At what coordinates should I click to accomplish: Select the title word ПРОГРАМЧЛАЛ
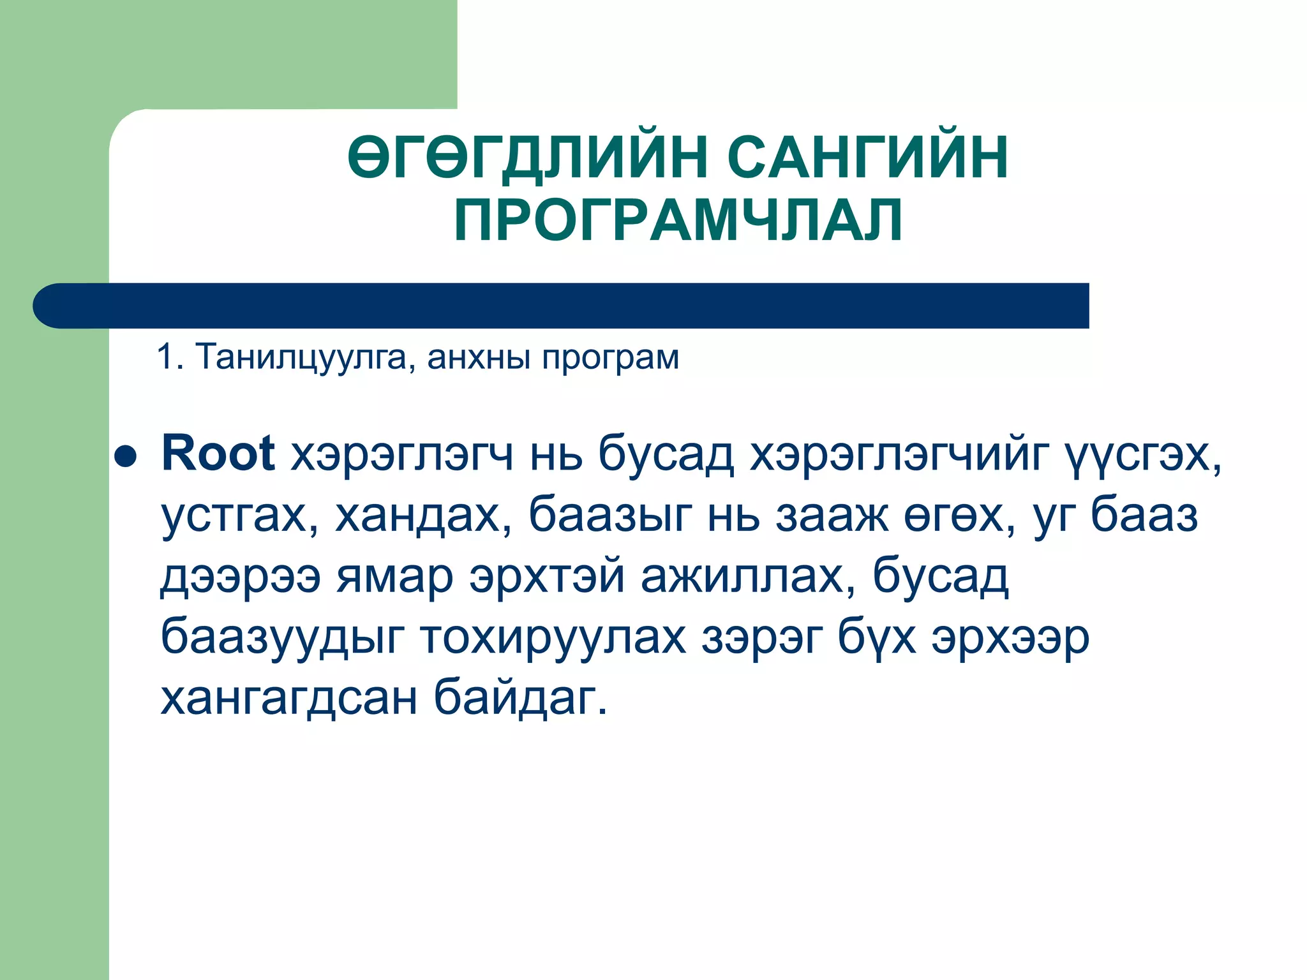(678, 219)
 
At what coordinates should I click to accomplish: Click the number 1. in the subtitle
(170, 357)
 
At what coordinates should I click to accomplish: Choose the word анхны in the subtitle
(479, 357)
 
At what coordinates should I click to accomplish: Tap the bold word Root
(218, 454)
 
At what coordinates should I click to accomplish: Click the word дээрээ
(240, 577)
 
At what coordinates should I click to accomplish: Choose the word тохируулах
(553, 637)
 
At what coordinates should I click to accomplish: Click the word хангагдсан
(288, 698)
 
